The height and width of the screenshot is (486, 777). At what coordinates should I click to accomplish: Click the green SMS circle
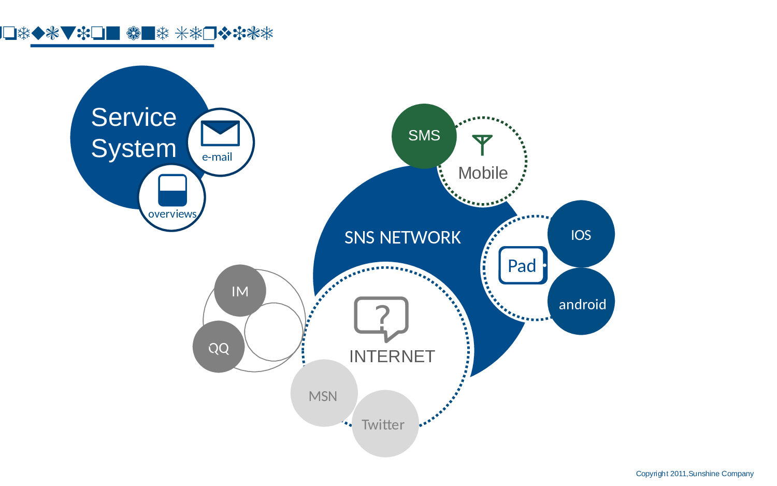(424, 136)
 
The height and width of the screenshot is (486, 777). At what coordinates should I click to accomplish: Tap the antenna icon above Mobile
(482, 145)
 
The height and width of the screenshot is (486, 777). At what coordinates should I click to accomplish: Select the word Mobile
(483, 173)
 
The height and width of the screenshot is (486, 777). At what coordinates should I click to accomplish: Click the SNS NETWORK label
(402, 238)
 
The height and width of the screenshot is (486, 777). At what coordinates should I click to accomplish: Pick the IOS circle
(581, 235)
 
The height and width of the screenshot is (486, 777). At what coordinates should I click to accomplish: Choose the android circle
(582, 304)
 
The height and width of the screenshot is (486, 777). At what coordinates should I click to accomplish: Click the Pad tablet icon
(523, 265)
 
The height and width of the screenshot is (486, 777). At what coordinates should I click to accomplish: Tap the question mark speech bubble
(381, 318)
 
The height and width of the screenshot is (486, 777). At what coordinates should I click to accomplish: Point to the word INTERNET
(392, 356)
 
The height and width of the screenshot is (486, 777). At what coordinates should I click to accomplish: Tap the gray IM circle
(240, 291)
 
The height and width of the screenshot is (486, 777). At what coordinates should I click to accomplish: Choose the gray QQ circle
(219, 348)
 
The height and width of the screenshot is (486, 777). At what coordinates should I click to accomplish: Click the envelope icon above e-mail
(220, 134)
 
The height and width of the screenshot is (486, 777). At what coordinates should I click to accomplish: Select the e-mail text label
(217, 157)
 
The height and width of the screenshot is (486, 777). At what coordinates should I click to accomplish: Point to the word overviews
(172, 214)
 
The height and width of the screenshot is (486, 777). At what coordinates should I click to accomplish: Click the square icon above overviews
(172, 190)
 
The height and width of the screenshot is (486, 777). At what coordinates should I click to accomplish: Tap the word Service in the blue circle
(134, 117)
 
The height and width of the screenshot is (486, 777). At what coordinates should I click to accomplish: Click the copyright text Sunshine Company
(721, 474)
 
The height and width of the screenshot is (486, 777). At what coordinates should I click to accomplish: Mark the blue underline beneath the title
(122, 46)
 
